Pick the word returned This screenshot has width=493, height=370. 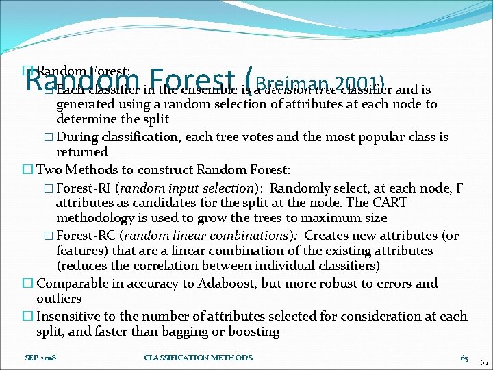pyautogui.click(x=81, y=151)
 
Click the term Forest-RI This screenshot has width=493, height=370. pyautogui.click(x=81, y=187)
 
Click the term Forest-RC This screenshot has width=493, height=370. pyautogui.click(x=83, y=235)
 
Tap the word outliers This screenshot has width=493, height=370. pyautogui.click(x=59, y=299)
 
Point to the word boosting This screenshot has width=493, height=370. pyautogui.click(x=254, y=332)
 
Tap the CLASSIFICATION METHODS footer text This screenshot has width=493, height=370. pyautogui.click(x=198, y=358)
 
